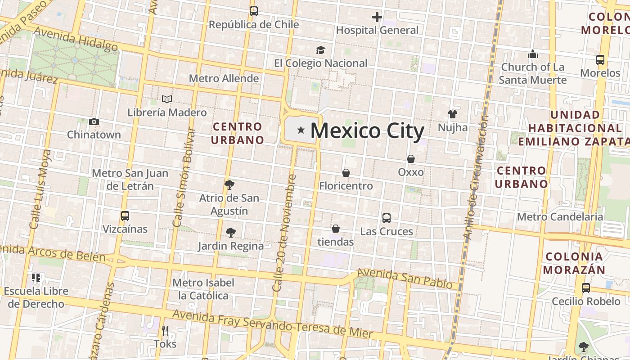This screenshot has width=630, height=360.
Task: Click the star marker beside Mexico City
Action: (301, 130)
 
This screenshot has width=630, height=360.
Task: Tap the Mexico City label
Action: (367, 131)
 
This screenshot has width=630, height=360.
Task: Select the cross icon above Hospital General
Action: (377, 17)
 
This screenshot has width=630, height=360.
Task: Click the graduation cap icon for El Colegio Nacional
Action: (320, 50)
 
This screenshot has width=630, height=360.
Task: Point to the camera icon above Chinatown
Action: (94, 121)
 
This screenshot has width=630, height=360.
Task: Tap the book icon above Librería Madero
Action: (167, 99)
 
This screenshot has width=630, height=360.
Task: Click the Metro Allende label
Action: (224, 78)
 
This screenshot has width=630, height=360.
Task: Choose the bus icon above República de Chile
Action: (254, 11)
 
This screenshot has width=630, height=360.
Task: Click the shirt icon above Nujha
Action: (453, 114)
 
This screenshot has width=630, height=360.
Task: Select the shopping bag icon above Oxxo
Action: (411, 159)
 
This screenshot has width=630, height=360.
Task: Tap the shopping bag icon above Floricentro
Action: (346, 173)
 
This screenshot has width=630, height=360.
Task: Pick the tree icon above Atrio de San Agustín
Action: (229, 184)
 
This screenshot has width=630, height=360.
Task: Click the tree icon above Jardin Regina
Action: (231, 233)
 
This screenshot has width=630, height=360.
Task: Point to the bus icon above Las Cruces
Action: (387, 218)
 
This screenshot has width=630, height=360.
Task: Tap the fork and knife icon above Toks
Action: (165, 331)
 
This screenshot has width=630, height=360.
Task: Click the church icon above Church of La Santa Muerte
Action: (533, 54)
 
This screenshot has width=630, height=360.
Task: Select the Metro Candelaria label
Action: (560, 217)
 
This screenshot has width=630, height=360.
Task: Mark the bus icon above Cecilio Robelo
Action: (586, 288)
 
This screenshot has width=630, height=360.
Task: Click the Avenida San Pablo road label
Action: (405, 279)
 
